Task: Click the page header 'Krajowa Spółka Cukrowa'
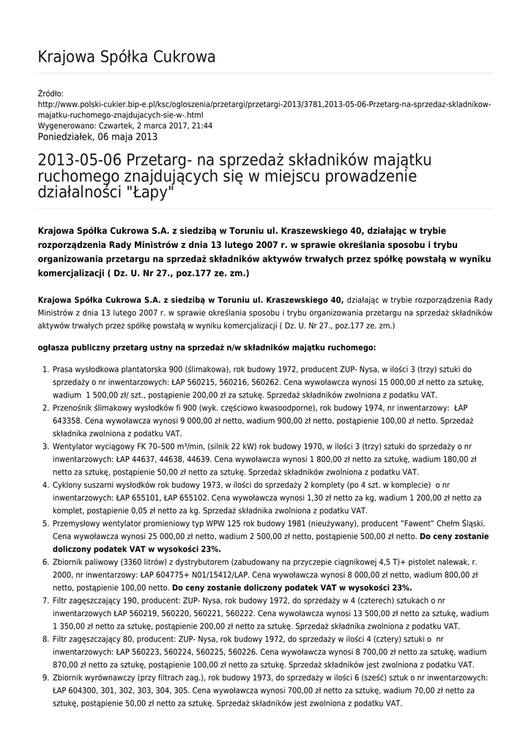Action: (x=126, y=57)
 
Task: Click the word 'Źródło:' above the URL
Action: (x=51, y=94)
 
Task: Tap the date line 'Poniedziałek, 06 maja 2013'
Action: (x=97, y=136)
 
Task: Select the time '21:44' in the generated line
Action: (x=203, y=125)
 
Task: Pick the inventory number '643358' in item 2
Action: (x=68, y=421)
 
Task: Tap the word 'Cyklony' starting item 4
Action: (x=68, y=486)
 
